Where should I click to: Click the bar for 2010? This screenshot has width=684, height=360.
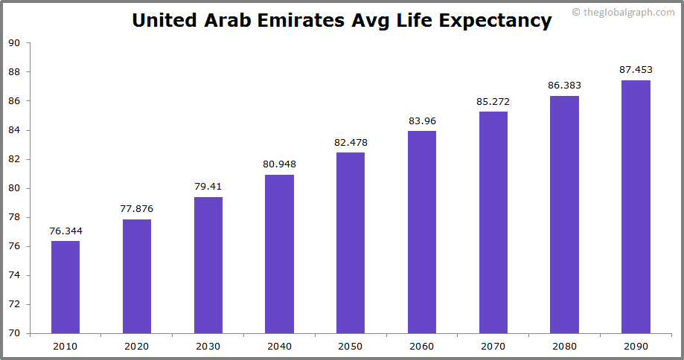65,287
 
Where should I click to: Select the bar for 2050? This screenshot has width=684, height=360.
351,242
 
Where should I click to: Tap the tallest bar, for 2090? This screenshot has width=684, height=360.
636,207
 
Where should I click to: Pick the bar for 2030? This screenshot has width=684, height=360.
208,265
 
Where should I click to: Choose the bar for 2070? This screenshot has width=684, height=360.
493,222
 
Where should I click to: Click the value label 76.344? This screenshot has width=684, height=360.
65,231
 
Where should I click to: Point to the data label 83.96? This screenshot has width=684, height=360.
422,120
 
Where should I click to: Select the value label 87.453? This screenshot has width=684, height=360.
636,70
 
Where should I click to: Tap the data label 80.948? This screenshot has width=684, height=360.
279,164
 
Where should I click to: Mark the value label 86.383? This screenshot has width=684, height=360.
564,86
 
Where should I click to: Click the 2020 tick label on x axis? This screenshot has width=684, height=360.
137,346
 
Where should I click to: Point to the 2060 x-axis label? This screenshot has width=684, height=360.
422,346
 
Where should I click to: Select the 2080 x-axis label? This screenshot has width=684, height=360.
564,346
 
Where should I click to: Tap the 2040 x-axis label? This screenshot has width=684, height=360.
279,346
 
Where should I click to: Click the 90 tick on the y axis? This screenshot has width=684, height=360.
14,43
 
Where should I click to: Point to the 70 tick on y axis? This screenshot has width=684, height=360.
14,333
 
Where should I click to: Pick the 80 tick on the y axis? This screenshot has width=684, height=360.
14,188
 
